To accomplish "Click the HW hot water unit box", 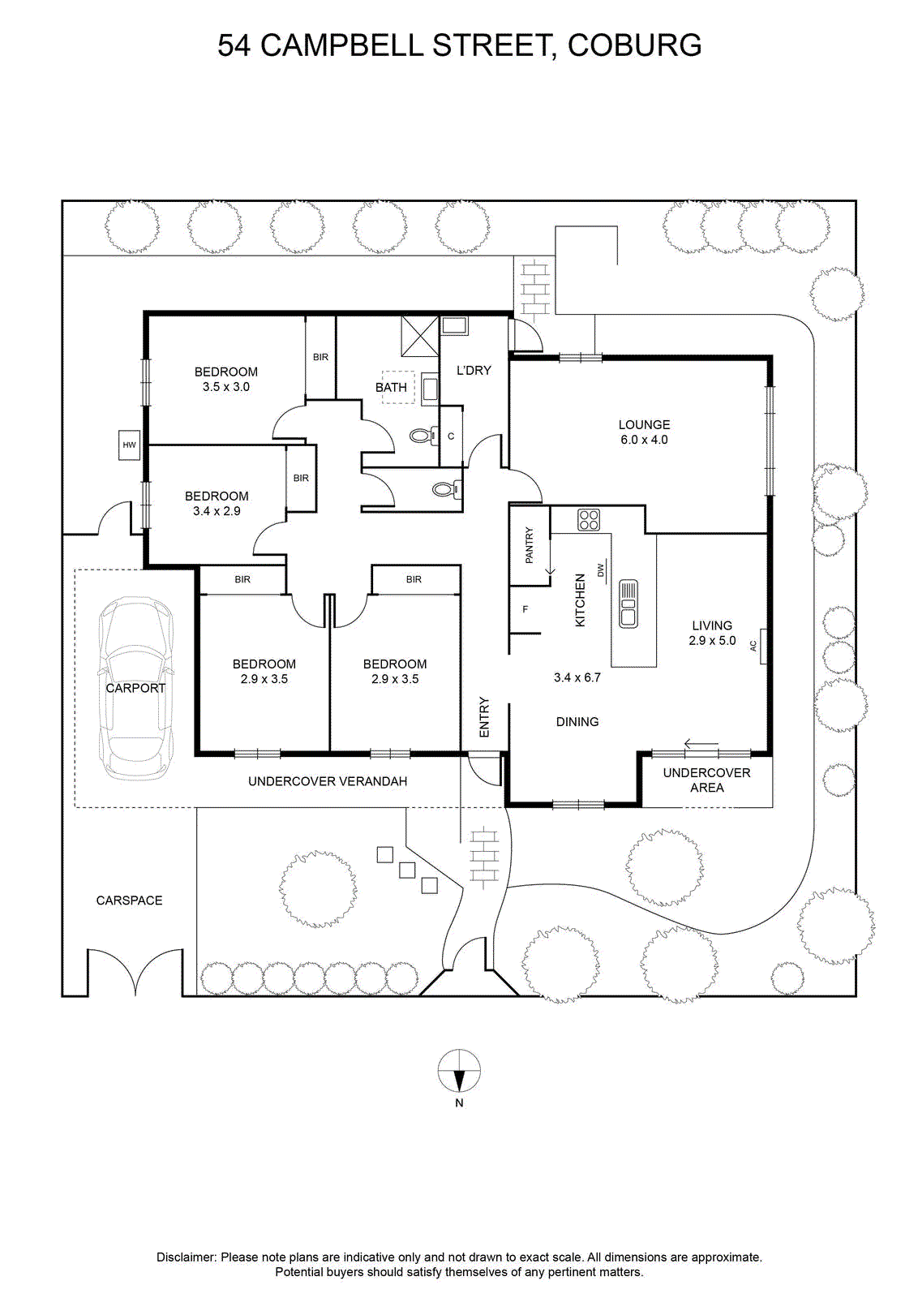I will click(129, 445).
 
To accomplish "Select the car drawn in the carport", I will click(135, 688).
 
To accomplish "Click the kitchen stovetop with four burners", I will click(589, 519).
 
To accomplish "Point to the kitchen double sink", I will click(628, 604).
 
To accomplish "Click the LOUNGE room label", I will click(644, 424).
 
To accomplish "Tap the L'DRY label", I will click(474, 370).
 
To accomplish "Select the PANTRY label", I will click(529, 545).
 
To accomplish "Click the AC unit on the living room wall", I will click(761, 646).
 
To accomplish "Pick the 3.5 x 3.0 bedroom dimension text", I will click(226, 387).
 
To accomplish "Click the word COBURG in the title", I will click(634, 45).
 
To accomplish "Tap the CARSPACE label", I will click(129, 900).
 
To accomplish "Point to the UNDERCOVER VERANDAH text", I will click(328, 781).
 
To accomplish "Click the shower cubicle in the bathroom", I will click(420, 335).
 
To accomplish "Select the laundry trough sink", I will click(454, 325).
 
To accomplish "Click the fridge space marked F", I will click(525, 609).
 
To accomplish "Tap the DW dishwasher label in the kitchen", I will click(601, 570).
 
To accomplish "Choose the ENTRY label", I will click(484, 717).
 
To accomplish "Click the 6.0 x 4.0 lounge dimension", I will click(644, 440).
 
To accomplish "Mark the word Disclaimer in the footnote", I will click(187, 1257).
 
